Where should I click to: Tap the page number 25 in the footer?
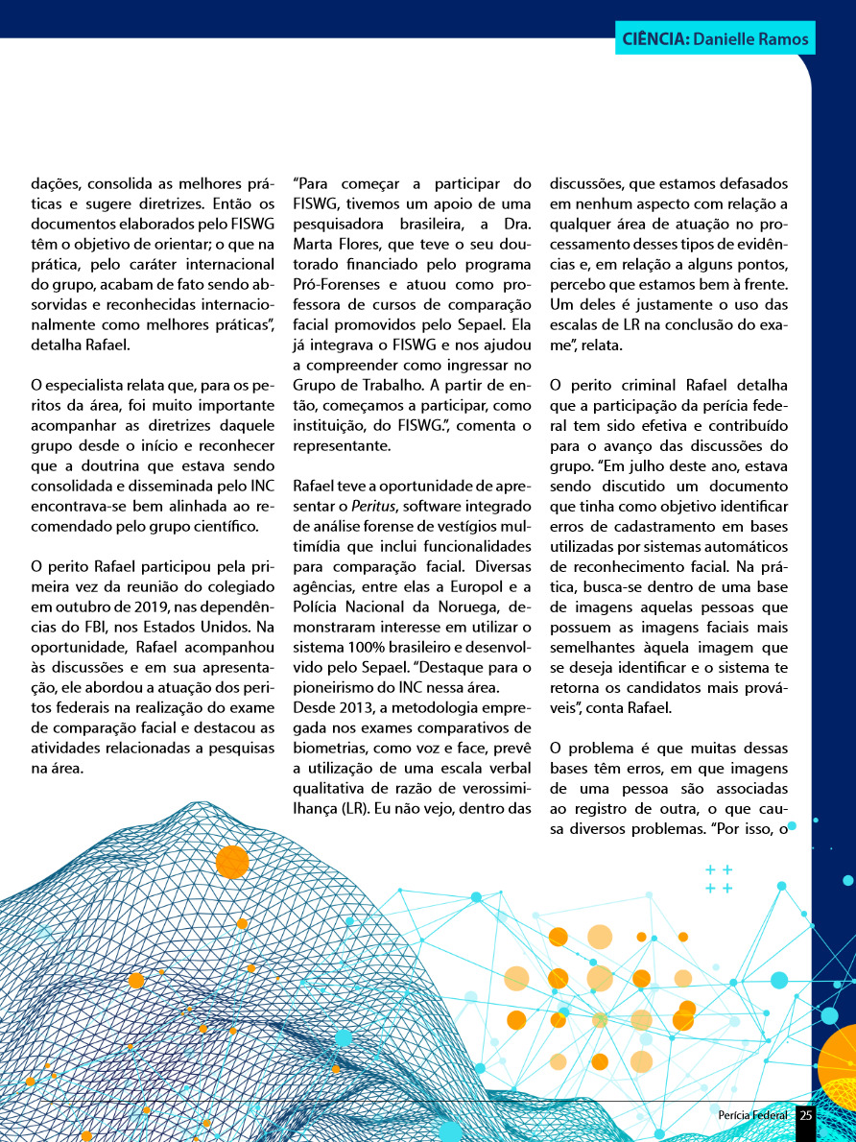tap(806, 1115)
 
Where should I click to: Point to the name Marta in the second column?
tap(313, 246)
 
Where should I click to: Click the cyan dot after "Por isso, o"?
tap(792, 825)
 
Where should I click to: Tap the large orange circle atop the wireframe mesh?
tap(232, 862)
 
